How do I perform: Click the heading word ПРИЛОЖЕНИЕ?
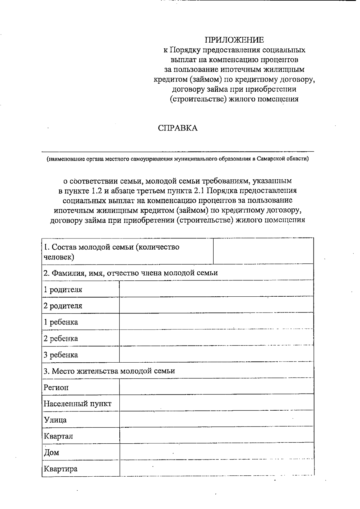click(x=234, y=40)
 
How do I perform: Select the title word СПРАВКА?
click(x=178, y=128)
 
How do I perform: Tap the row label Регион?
click(x=56, y=388)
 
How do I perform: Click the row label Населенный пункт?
click(x=77, y=404)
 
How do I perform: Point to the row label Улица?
click(x=55, y=420)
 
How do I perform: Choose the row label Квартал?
click(x=58, y=436)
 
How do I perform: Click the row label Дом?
click(x=51, y=452)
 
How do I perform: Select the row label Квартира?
click(x=61, y=469)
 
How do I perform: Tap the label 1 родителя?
click(x=63, y=290)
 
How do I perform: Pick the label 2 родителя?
click(x=63, y=306)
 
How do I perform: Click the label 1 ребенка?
click(x=61, y=322)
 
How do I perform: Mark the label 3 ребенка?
click(x=61, y=355)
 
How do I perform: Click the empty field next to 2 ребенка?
click(x=216, y=338)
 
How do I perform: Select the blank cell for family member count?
click(x=263, y=251)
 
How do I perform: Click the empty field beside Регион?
click(x=216, y=387)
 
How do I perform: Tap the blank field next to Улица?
click(x=216, y=419)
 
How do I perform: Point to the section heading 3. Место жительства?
click(x=109, y=371)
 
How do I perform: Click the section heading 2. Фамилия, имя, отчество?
click(x=130, y=273)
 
